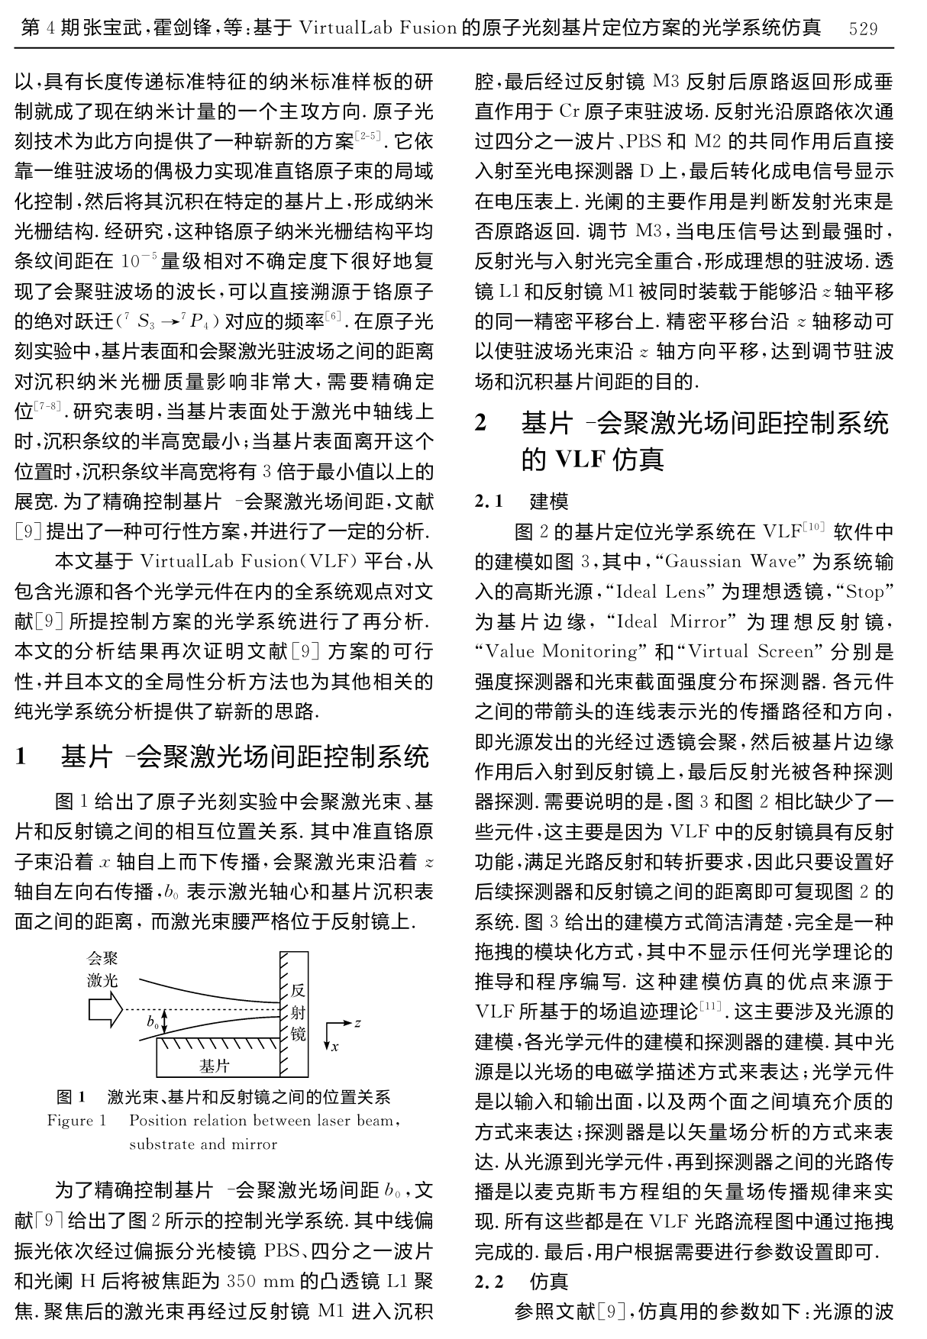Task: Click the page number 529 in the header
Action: pos(863,29)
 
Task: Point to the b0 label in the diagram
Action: pos(153,1021)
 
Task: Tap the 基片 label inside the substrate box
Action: pos(214,1065)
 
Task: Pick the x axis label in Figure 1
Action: pos(334,1047)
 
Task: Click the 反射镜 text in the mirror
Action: pos(298,1012)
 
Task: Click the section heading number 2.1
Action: pos(489,502)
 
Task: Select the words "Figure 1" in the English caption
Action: pos(76,1121)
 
